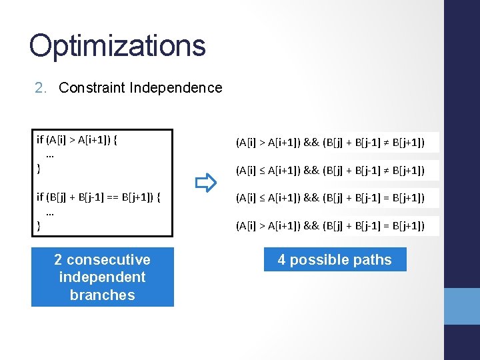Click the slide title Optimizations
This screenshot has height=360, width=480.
point(117,45)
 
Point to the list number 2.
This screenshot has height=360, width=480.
point(40,88)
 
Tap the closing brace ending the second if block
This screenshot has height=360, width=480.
point(39,226)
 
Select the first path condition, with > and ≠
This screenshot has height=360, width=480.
point(330,143)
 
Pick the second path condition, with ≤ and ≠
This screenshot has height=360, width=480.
point(330,171)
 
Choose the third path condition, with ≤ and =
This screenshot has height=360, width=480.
point(330,198)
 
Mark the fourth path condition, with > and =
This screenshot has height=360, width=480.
point(330,226)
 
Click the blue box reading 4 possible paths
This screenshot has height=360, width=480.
point(335,260)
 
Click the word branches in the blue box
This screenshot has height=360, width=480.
point(102,295)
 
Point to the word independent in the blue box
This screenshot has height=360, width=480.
point(102,277)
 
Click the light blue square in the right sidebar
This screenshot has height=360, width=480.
point(462,306)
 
